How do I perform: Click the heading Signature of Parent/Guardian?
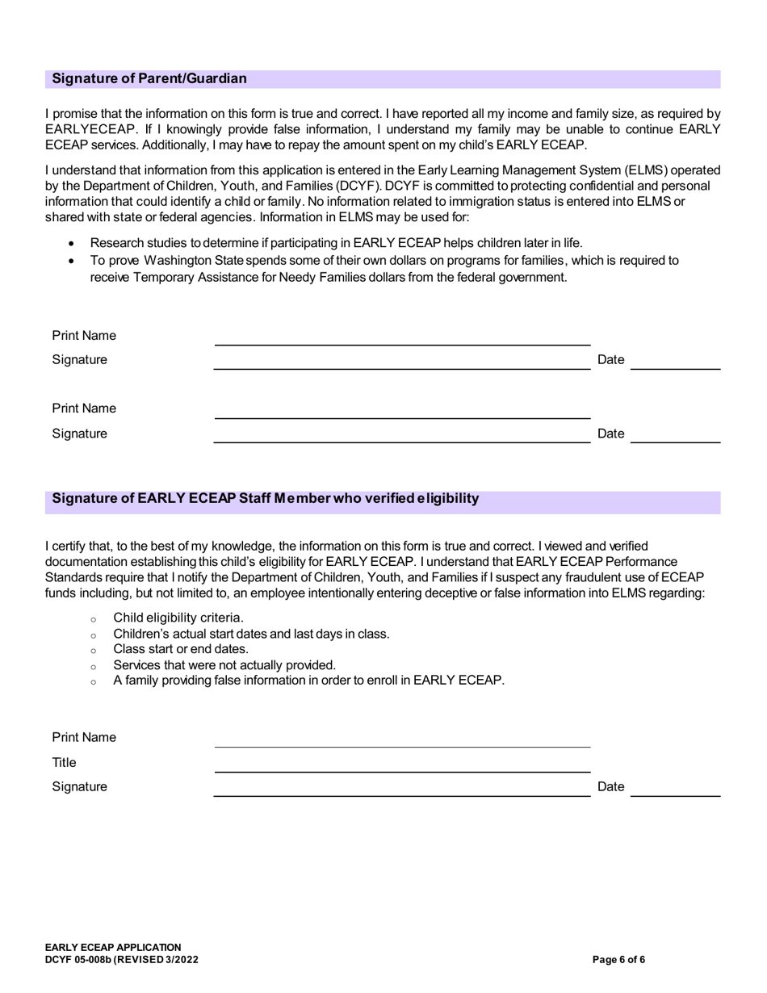(149, 78)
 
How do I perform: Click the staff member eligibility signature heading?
(265, 498)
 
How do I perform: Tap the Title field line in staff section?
(402, 771)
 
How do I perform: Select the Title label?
(65, 762)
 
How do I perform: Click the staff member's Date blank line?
(675, 796)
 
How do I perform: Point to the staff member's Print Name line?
(402, 746)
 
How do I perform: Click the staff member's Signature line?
(402, 796)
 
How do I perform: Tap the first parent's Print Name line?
(402, 345)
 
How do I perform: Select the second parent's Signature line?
(402, 442)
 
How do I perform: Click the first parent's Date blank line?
(675, 369)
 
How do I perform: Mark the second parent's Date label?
(610, 434)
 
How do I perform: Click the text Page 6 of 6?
(618, 960)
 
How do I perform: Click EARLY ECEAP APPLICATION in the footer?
(113, 947)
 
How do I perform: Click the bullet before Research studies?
(73, 243)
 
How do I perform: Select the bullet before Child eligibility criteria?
(94, 619)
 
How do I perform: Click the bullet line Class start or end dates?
(181, 648)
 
